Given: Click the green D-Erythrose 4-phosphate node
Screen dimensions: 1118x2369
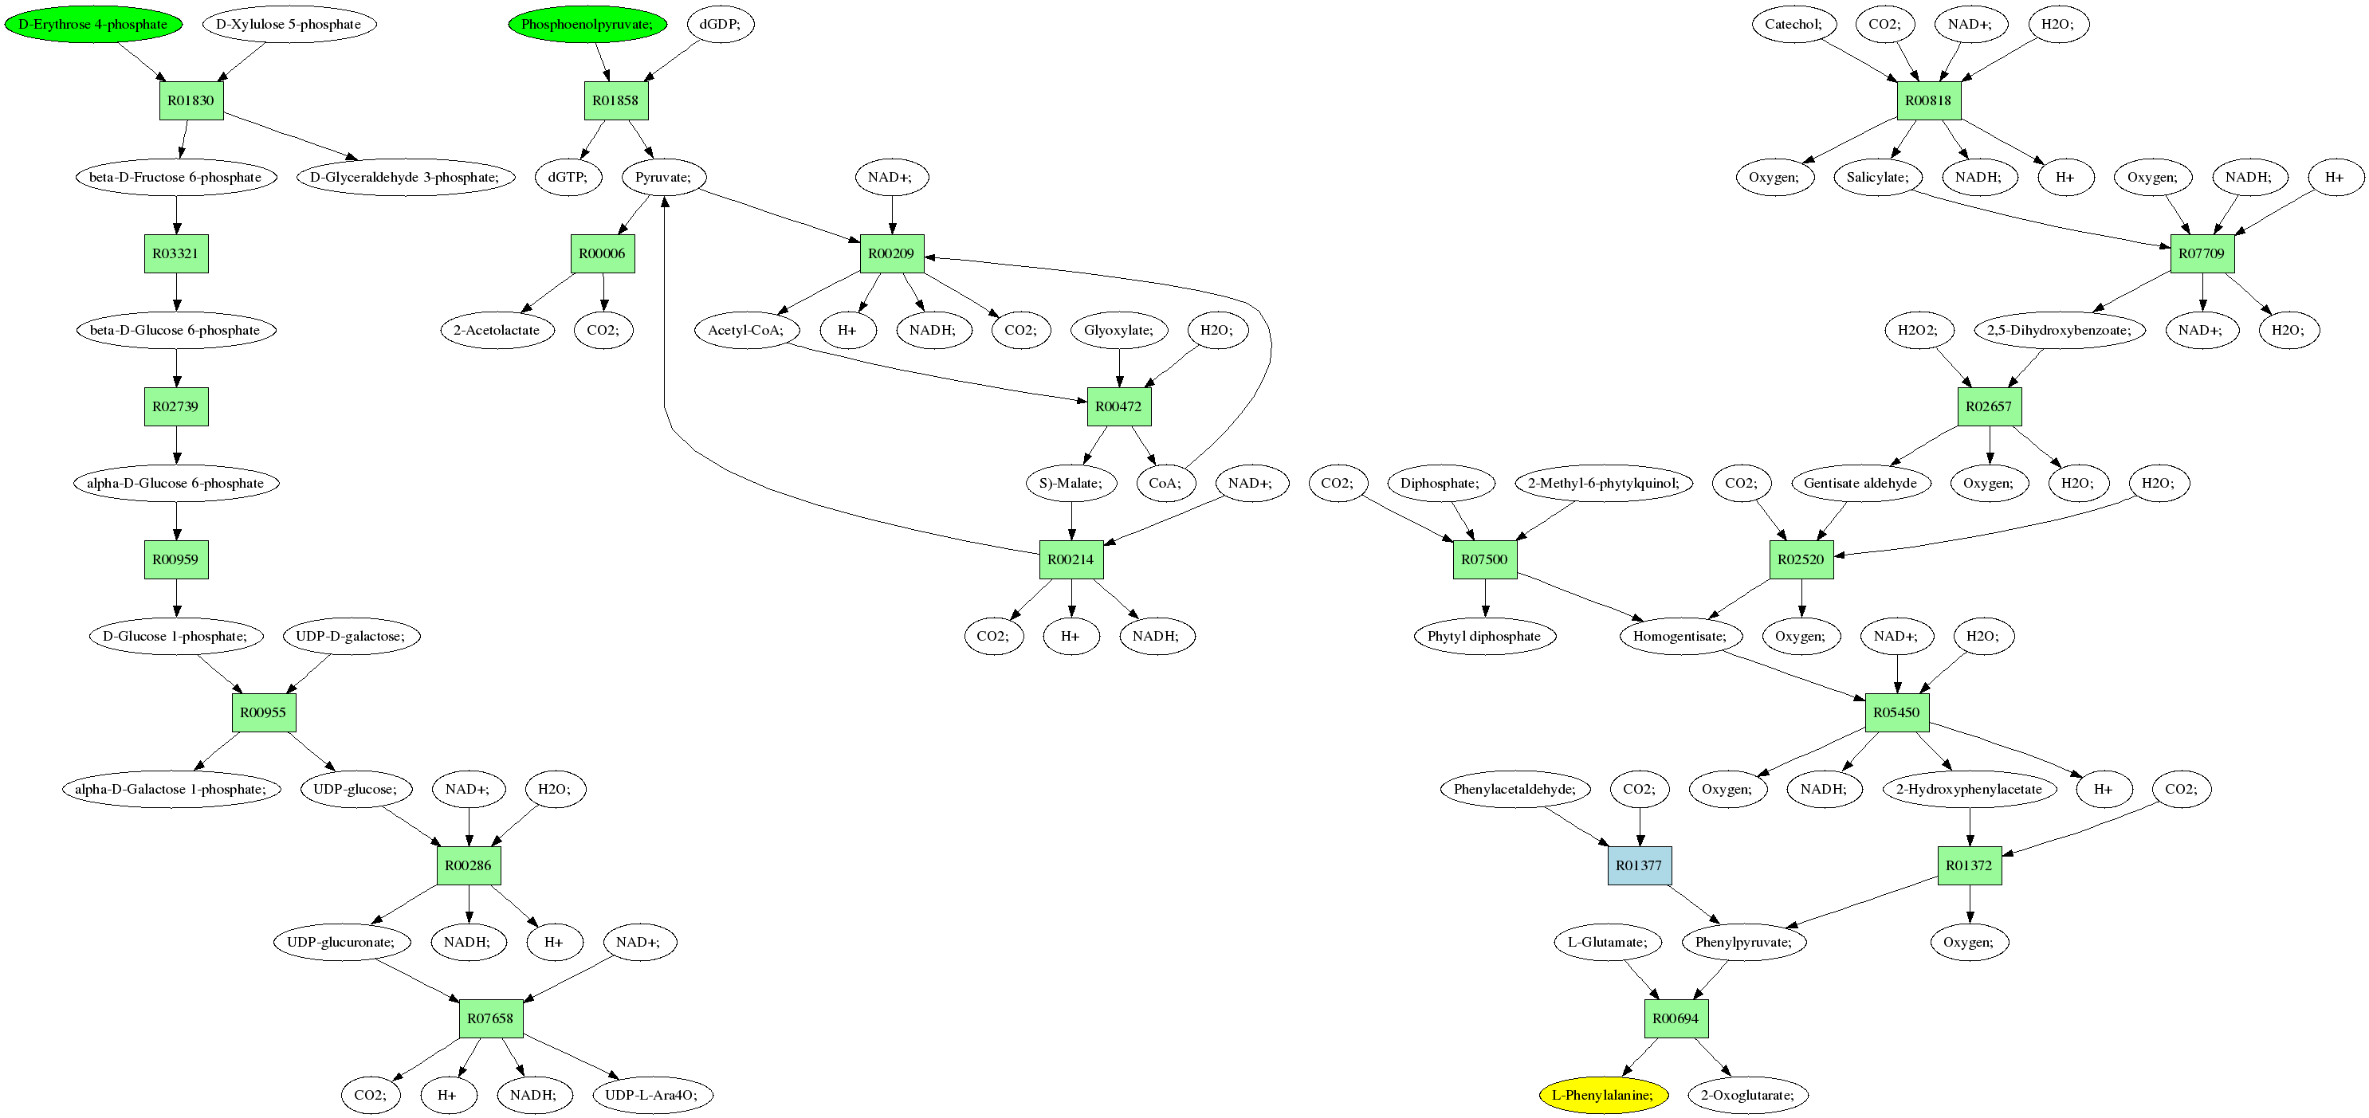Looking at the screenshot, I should coord(93,24).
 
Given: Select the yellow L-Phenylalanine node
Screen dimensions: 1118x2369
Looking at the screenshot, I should coord(1603,1095).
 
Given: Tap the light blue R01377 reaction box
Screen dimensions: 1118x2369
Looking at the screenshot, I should coord(1639,865).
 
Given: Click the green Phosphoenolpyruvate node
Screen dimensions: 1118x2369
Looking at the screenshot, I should coord(587,24).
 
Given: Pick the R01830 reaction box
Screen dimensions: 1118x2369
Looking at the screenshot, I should coord(191,100).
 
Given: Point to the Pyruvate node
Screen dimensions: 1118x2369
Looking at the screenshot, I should coord(663,177).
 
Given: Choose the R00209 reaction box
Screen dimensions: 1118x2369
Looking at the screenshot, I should coord(891,253).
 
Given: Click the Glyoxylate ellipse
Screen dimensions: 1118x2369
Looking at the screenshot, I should coord(1118,330).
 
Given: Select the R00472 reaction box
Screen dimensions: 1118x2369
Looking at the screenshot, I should coord(1118,406).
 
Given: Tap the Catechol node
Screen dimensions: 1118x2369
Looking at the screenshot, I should coord(1793,24).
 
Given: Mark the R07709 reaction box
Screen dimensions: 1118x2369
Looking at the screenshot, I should coord(2202,253).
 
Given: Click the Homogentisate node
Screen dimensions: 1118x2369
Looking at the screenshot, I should coord(1680,636).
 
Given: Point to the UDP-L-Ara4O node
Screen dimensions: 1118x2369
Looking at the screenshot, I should coord(652,1095).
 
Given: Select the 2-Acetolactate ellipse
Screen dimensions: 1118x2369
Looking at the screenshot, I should coord(497,330).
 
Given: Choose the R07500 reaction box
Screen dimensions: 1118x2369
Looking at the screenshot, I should coord(1484,559).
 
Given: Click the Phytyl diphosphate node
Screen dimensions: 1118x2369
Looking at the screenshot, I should coord(1484,636).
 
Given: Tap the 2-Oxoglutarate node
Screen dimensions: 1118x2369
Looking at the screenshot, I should coord(1747,1095).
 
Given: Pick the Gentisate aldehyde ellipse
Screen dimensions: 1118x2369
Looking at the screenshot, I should coord(1860,483).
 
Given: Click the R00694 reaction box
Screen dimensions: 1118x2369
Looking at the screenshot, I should coord(1676,1018).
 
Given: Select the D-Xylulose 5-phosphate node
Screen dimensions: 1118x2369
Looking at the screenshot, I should coord(289,24).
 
